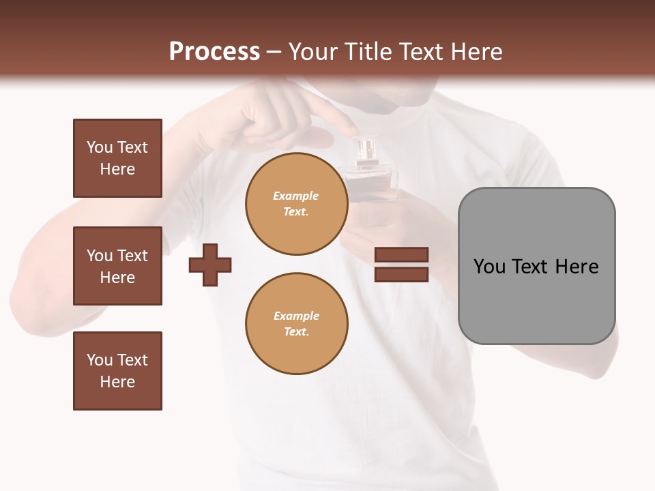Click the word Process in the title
coord(214,52)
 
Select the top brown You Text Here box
coord(117,158)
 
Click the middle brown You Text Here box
coord(117,266)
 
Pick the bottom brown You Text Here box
coord(117,371)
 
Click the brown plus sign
coord(210,265)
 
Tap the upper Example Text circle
coord(296,204)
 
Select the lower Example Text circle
coord(296,323)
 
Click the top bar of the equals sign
coord(401,255)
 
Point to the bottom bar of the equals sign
coord(401,275)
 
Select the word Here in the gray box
coord(577,267)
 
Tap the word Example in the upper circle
coord(296,196)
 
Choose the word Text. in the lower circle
coord(296,332)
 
